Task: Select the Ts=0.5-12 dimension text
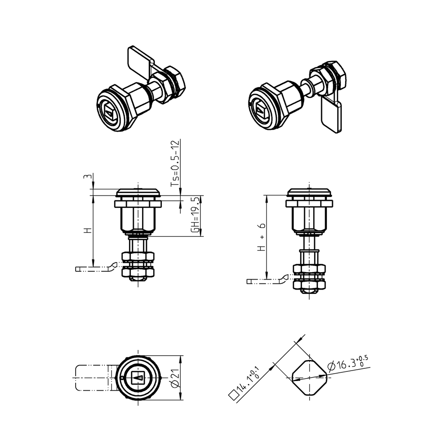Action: coord(175,167)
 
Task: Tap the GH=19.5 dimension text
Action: coord(196,216)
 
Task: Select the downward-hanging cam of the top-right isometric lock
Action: coord(332,116)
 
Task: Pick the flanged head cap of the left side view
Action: coord(139,193)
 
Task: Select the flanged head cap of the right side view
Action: coord(309,193)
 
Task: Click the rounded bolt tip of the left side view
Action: coord(138,278)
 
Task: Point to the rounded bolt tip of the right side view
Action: coord(309,290)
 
